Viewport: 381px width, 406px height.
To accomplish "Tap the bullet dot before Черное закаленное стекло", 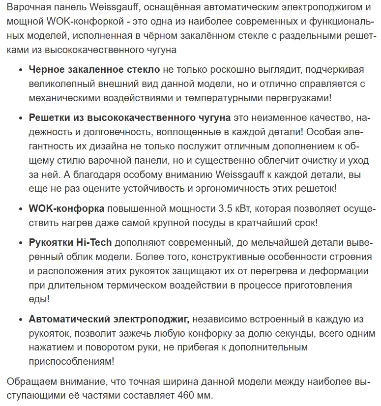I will coord(20,70).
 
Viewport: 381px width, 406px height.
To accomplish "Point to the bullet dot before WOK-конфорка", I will coord(20,209).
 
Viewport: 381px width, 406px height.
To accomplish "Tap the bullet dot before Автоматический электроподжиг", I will coord(20,319).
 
